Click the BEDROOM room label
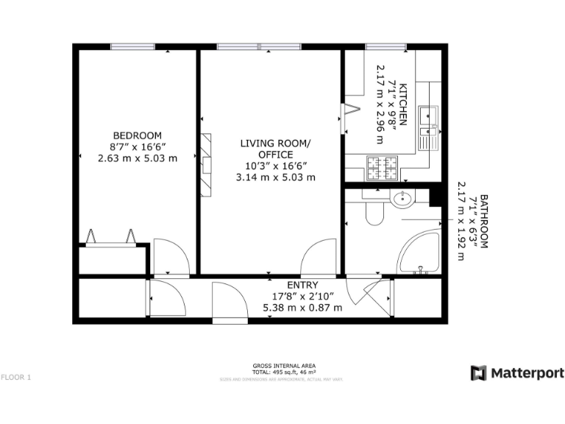[x=137, y=135]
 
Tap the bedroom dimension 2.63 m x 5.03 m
[x=137, y=158]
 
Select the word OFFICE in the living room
[x=276, y=154]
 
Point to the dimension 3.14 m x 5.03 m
[x=276, y=177]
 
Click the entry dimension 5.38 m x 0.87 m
[x=302, y=308]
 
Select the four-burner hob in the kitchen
[x=383, y=169]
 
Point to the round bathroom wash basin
[x=402, y=199]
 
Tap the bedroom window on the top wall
[x=132, y=47]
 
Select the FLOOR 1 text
[x=16, y=378]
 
